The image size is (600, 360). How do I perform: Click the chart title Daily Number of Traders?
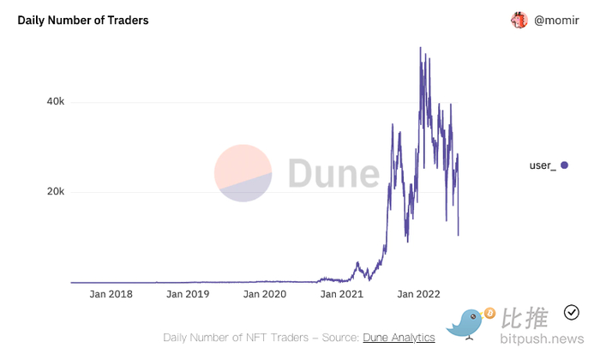83,21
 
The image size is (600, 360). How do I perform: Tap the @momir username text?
556,21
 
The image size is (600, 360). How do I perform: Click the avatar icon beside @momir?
519,20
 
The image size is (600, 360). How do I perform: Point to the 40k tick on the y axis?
56,101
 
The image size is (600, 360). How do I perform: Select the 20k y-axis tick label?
56,191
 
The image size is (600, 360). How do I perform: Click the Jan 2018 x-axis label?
111,294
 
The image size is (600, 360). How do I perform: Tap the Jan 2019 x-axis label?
188,294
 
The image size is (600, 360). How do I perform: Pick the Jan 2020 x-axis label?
265,294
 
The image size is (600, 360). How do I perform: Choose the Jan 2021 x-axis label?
342,294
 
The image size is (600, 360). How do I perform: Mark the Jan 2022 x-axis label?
418,294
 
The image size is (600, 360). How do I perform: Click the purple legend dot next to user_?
564,165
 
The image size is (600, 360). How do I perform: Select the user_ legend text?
543,165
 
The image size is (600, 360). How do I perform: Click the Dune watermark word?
333,173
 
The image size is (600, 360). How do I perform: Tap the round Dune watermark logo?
243,173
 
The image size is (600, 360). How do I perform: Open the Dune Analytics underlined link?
399,338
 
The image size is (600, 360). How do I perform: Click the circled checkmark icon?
572,313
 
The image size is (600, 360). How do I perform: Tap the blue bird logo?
465,324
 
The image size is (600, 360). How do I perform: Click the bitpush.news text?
542,339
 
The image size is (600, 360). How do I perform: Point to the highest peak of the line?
421,48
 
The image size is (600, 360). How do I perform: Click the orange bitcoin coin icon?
489,314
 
